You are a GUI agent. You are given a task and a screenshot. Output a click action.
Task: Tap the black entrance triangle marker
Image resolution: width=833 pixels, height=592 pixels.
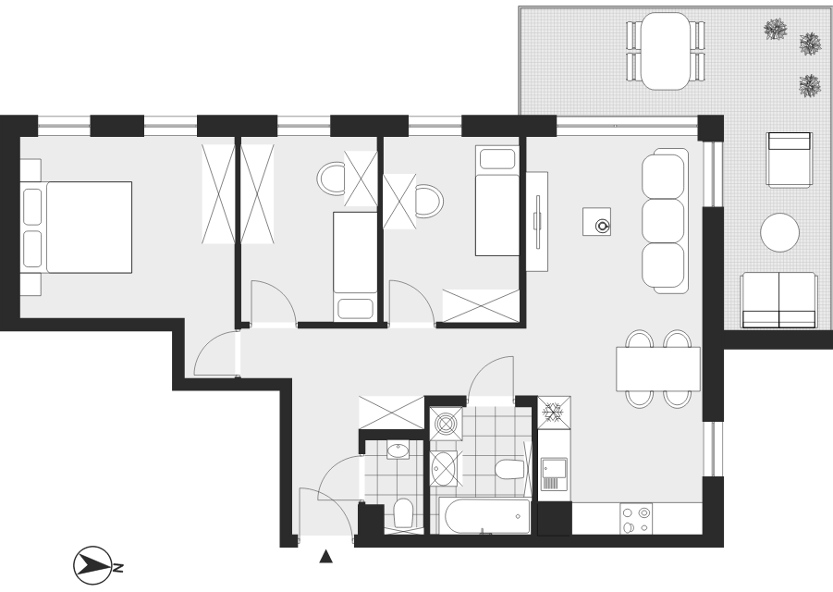325,557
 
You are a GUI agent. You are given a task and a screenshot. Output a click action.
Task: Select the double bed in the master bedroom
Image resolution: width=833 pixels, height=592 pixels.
76,227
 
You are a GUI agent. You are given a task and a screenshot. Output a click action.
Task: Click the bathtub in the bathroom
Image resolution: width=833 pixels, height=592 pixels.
484,516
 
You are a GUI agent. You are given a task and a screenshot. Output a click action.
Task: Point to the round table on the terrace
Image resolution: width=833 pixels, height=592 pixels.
779,233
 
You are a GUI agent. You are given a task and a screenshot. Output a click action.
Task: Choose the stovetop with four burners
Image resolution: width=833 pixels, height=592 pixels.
636,518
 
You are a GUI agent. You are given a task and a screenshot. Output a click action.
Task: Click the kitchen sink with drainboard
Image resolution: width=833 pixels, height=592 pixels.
554,475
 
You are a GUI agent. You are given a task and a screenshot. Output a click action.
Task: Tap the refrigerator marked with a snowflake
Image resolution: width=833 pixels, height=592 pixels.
554,413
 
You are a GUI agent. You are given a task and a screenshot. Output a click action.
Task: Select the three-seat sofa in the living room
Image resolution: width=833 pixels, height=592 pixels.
665,220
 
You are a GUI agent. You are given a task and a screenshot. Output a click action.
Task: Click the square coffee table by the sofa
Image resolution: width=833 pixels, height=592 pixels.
596,222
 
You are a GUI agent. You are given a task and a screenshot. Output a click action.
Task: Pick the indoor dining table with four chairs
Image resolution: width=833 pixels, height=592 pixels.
658,369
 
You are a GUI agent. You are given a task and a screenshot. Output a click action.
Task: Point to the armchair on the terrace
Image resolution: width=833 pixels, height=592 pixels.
790,159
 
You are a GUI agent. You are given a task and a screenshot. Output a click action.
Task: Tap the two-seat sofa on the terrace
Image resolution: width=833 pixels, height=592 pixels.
778,301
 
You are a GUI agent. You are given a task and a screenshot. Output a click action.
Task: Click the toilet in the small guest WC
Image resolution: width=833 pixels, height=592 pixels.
403,512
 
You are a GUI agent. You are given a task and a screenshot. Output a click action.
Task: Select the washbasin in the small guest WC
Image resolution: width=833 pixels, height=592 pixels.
398,450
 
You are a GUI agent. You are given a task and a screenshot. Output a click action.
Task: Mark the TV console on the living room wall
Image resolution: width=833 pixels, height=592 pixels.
537,221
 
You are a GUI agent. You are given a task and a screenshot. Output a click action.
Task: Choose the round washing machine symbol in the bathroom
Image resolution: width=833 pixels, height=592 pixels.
446,424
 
